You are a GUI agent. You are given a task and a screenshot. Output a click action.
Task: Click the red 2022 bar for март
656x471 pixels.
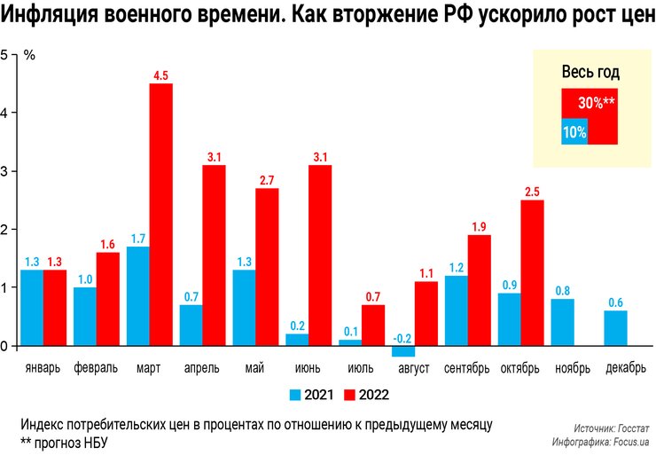(160, 215)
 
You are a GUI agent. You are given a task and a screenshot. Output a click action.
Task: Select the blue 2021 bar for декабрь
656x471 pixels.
(615, 328)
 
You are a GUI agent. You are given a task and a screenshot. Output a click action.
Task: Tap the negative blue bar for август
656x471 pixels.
(403, 351)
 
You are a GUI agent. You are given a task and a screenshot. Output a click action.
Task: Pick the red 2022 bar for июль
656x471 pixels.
(373, 326)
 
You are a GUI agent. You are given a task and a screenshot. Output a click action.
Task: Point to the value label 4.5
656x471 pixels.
(160, 76)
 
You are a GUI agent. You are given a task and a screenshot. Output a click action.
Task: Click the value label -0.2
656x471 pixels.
(402, 338)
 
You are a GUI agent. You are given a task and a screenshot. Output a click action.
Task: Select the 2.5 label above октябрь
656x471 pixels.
(532, 192)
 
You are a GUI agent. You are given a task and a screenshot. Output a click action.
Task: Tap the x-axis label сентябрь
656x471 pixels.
(467, 368)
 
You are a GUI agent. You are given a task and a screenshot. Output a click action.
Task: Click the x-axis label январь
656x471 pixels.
(43, 368)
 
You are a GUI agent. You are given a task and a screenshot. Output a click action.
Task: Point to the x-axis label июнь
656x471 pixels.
(308, 368)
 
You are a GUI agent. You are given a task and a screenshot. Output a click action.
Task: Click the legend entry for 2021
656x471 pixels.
(310, 395)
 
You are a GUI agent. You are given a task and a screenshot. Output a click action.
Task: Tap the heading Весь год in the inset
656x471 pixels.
(590, 73)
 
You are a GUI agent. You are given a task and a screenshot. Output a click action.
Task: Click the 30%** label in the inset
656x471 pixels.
(597, 103)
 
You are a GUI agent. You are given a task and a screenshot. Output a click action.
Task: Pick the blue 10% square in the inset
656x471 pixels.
(574, 132)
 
